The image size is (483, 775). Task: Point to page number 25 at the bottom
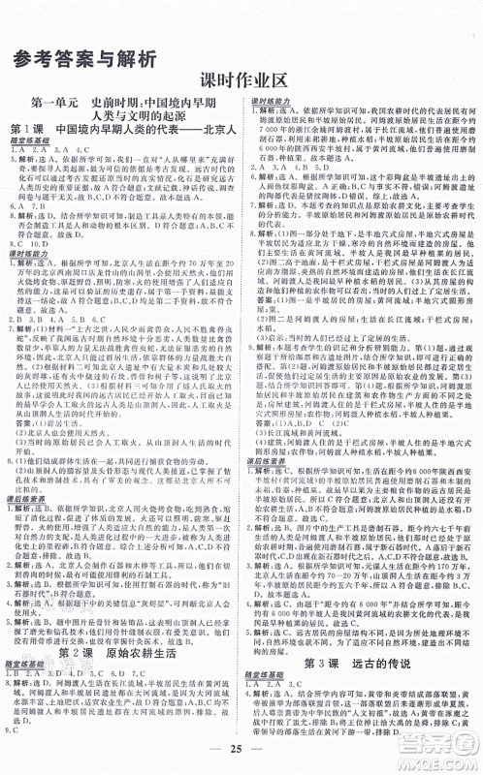pyautogui.click(x=241, y=754)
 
